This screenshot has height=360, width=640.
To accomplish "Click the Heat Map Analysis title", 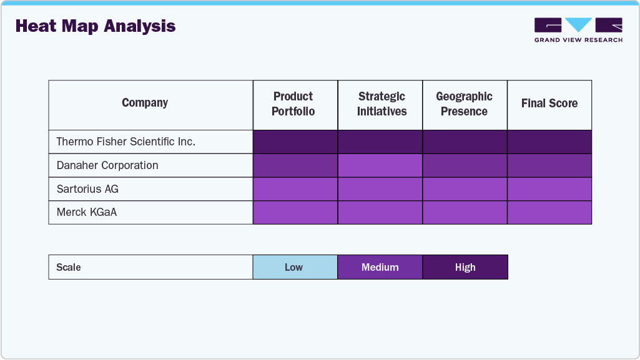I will [x=96, y=26].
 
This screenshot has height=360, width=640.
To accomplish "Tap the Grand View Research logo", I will [x=578, y=30].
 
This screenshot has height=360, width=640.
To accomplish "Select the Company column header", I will [x=145, y=104].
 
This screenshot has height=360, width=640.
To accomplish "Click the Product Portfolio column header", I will [x=293, y=104].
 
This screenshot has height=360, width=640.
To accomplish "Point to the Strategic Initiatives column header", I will [x=382, y=104].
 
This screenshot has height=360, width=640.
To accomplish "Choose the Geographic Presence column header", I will [x=464, y=104].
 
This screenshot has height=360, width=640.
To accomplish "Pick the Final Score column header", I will [x=549, y=104].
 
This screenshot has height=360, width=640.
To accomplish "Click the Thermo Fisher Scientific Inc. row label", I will [x=126, y=142].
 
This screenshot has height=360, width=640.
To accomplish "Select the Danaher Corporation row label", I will [x=107, y=165].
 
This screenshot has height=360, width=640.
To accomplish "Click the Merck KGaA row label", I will [x=87, y=212].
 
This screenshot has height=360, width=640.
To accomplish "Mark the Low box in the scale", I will [x=295, y=267].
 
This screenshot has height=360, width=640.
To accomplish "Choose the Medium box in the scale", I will [x=380, y=267].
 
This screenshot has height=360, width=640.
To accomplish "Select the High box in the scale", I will [x=465, y=267].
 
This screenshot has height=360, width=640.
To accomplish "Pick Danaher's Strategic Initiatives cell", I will [x=380, y=165].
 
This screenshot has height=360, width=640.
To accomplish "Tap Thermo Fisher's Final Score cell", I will [x=549, y=142].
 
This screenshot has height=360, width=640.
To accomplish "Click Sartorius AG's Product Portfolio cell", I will [x=295, y=189].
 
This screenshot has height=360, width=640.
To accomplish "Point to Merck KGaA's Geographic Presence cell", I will [x=465, y=212].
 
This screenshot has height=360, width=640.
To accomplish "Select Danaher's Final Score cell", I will [x=549, y=165].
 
